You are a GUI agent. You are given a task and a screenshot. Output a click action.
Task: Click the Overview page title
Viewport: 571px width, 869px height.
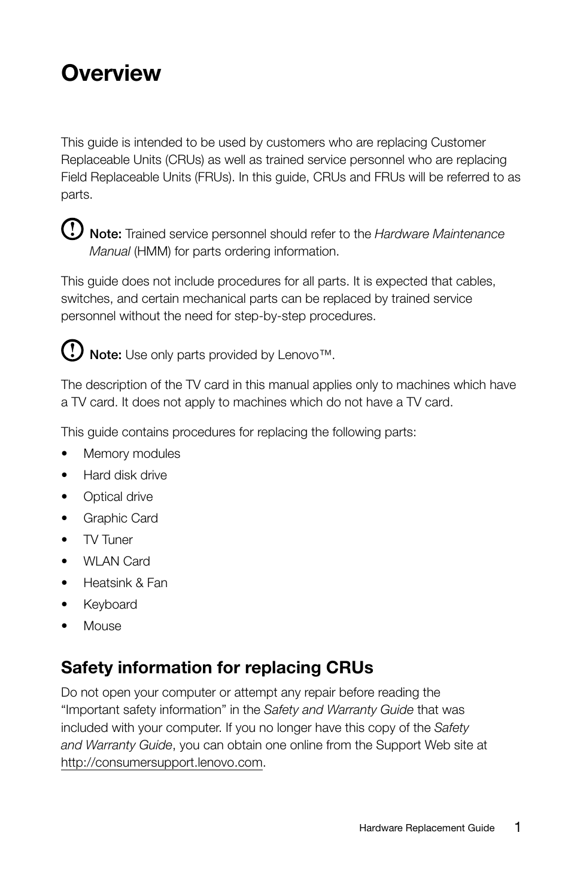(111, 73)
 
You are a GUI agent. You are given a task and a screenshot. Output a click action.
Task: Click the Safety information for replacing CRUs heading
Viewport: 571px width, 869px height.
(217, 667)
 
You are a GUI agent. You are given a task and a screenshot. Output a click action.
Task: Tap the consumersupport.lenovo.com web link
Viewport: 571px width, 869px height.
(162, 762)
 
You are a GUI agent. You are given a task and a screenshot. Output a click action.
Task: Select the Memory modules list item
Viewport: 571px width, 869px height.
(132, 454)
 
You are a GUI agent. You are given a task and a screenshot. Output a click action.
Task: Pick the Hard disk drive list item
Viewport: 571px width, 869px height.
(125, 475)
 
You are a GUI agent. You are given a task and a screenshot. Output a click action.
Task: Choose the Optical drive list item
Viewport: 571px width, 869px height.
(118, 497)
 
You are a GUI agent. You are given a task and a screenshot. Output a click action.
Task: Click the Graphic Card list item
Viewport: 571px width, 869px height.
(120, 518)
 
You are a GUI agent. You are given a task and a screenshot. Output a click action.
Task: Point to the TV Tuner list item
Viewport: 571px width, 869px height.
(108, 540)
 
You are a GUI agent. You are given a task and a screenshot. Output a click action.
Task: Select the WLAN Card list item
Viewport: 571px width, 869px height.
(117, 561)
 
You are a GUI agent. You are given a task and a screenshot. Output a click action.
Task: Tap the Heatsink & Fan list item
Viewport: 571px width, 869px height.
(125, 583)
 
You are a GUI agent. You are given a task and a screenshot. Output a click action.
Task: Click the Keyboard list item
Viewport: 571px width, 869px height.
(110, 604)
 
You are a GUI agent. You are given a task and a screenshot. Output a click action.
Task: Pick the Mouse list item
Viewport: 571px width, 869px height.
(102, 626)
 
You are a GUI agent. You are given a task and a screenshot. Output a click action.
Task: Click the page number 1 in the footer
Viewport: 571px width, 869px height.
(517, 827)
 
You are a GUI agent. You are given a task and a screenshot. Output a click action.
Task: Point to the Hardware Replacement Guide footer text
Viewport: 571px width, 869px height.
(427, 828)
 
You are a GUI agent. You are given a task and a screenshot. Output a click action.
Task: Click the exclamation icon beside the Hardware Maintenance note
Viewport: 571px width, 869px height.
(72, 230)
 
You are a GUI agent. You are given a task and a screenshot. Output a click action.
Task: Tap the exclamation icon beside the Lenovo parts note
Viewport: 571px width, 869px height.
(72, 350)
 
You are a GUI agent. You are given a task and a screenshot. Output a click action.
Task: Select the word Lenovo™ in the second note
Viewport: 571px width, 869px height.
(305, 355)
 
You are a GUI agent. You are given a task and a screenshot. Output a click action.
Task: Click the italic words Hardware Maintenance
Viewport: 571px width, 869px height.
(439, 234)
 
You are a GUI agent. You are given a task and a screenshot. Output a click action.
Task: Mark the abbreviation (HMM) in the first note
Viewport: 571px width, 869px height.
(152, 251)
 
